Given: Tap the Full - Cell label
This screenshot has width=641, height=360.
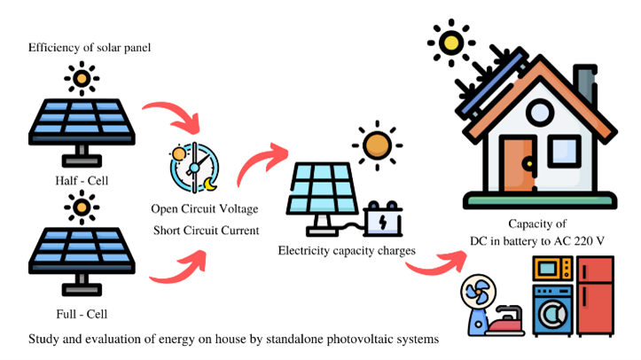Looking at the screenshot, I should click(x=82, y=313).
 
